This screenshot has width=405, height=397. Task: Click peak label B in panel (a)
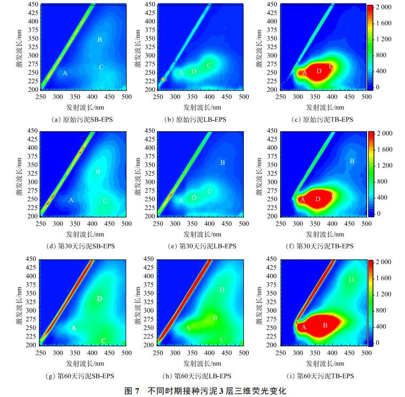click(x=100, y=39)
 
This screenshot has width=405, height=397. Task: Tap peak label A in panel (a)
click(x=65, y=73)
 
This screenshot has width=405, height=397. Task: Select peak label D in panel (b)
click(x=194, y=71)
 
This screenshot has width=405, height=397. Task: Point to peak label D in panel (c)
click(x=319, y=70)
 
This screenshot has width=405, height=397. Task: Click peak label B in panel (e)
click(x=223, y=162)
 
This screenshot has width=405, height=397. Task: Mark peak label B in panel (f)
click(x=352, y=161)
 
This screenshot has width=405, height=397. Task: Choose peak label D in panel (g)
click(x=100, y=299)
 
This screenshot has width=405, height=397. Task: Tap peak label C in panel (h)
click(x=222, y=339)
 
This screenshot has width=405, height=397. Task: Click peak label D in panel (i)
click(x=351, y=280)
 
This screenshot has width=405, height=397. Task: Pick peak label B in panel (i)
click(x=325, y=325)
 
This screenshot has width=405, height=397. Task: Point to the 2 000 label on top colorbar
click(x=385, y=7)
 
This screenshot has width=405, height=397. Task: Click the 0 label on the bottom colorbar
click(x=378, y=343)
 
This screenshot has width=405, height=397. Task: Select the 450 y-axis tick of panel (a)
click(x=32, y=5)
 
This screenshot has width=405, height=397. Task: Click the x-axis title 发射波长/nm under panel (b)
click(x=201, y=107)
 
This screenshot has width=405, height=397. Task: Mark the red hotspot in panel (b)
click(x=164, y=79)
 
